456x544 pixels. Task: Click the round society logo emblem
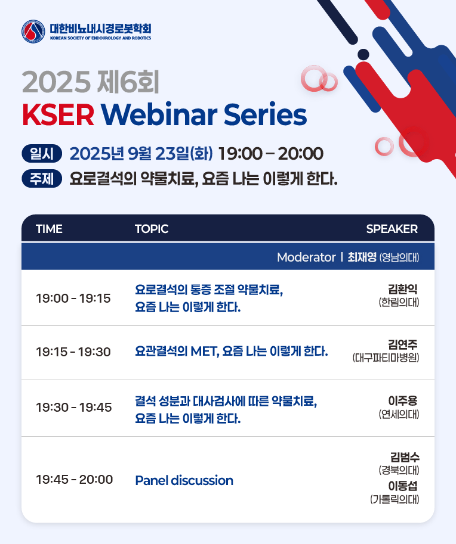[x=33, y=32]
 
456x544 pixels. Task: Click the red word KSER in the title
[x=58, y=115]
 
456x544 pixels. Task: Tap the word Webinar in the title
[x=159, y=114]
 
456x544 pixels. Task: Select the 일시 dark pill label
[x=42, y=154]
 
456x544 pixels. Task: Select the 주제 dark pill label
[x=42, y=179]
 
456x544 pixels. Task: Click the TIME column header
[x=50, y=229]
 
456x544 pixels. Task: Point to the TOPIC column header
[x=152, y=229]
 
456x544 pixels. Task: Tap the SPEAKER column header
[x=392, y=229]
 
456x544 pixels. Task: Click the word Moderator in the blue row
[x=306, y=257]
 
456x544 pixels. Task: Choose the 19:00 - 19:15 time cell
[x=73, y=299]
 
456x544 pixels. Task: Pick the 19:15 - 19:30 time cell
[x=73, y=352]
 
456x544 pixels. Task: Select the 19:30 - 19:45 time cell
[x=74, y=408]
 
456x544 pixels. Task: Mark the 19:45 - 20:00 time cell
[x=75, y=480]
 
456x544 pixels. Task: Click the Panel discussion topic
[x=184, y=480]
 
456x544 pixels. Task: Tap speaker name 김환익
[x=403, y=289]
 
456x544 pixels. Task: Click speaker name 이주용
[x=403, y=401]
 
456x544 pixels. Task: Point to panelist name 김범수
[x=405, y=457]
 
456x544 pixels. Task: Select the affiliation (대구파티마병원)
[x=386, y=358]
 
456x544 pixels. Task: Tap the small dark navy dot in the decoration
[x=363, y=54]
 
